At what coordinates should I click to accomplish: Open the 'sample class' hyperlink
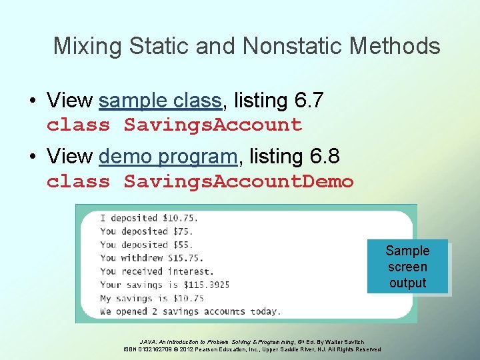coord(159,101)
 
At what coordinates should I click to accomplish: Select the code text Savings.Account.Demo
coord(239,181)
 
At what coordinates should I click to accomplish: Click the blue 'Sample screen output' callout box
coord(407,267)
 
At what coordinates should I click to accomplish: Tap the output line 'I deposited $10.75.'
coord(149,218)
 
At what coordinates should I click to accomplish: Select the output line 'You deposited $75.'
coord(145,231)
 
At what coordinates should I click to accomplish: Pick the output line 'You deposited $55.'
coord(145,245)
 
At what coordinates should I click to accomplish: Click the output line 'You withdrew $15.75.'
coord(151,258)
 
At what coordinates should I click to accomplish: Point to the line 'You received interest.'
coord(157,271)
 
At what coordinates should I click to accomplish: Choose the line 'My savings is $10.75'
coord(151,298)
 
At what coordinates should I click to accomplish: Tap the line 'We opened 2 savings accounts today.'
coord(190,311)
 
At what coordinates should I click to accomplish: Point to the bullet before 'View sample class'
coord(33,101)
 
